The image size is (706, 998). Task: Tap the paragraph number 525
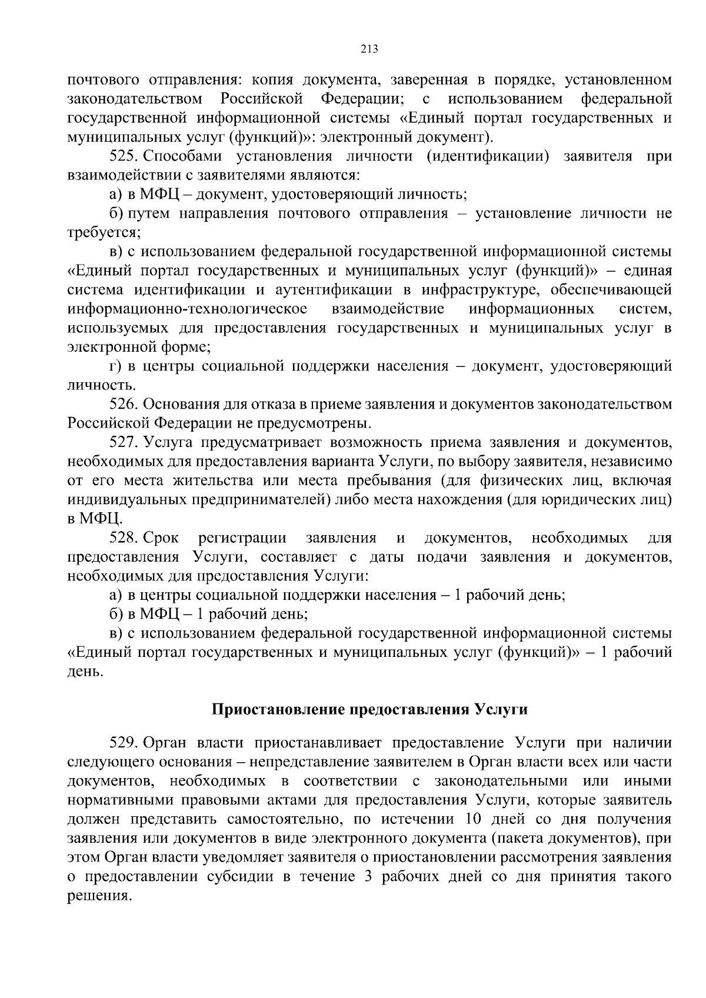123,156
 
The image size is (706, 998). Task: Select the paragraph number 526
123,405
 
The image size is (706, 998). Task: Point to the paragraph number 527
123,443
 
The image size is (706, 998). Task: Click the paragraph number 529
123,743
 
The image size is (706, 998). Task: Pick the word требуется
103,232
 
